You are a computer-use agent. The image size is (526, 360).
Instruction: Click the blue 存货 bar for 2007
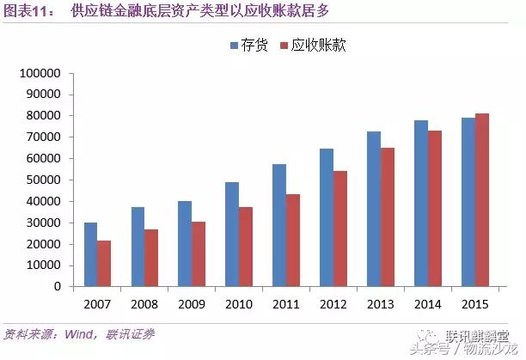pyautogui.click(x=90, y=254)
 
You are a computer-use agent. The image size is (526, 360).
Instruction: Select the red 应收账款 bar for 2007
pyautogui.click(x=104, y=264)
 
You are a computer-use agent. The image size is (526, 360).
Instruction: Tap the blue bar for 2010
pyautogui.click(x=232, y=234)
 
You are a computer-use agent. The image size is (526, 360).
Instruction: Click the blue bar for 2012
pyautogui.click(x=327, y=217)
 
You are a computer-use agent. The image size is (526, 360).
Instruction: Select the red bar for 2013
pyautogui.click(x=388, y=217)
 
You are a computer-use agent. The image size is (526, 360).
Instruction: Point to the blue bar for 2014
pyautogui.click(x=421, y=204)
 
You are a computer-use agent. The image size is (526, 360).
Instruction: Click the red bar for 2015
pyautogui.click(x=481, y=199)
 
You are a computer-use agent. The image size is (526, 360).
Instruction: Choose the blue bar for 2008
pyautogui.click(x=138, y=247)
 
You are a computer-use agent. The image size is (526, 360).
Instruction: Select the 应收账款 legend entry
pyautogui.click(x=315, y=45)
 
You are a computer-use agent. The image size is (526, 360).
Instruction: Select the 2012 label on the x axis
pyautogui.click(x=333, y=303)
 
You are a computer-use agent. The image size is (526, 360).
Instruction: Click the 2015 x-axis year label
pyautogui.click(x=474, y=303)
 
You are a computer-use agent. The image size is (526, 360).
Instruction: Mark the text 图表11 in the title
pyautogui.click(x=26, y=11)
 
